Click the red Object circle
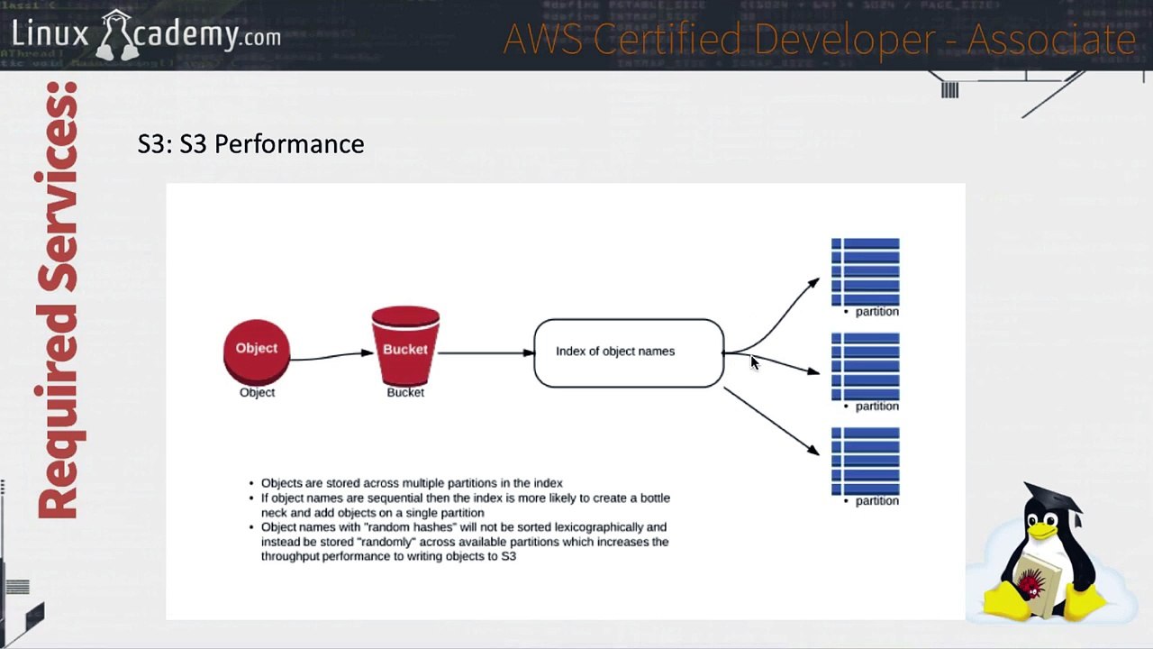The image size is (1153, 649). (x=257, y=352)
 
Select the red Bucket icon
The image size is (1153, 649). (x=405, y=345)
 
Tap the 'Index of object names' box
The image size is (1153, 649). (x=629, y=352)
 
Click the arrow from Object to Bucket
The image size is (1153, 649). (x=331, y=356)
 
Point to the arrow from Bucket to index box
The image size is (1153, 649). (x=486, y=352)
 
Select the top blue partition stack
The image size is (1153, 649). (x=866, y=271)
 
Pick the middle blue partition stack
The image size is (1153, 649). (x=866, y=366)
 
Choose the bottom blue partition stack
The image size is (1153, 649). (x=866, y=461)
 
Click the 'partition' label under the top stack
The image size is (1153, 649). (x=877, y=312)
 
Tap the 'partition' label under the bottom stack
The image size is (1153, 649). (x=877, y=501)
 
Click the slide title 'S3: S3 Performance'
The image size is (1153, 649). (x=250, y=143)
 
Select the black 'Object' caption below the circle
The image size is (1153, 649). (x=257, y=392)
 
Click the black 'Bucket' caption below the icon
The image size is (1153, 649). (x=405, y=392)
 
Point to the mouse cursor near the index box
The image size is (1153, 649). (x=755, y=362)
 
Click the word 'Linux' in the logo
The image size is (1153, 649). (x=50, y=34)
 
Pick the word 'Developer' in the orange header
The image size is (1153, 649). (x=845, y=39)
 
